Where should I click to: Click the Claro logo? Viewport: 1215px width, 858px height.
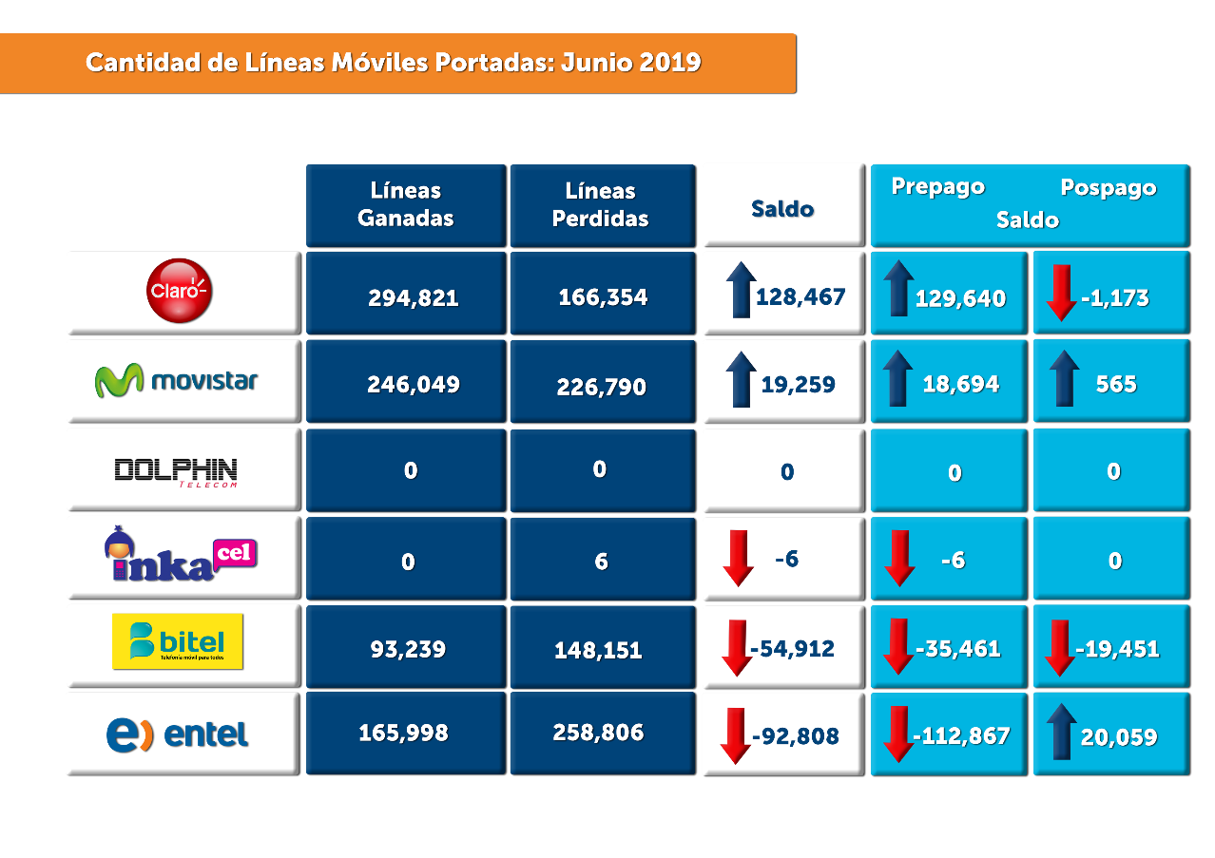180,292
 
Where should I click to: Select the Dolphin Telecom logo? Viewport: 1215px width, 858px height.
176,471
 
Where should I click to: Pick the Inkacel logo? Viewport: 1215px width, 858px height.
181,557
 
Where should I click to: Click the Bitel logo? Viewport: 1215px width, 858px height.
178,641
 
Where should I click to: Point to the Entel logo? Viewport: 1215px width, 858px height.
178,734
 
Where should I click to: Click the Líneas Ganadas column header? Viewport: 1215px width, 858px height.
406,204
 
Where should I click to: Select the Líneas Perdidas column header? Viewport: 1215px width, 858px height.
600,204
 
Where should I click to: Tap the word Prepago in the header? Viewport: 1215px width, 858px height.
937,187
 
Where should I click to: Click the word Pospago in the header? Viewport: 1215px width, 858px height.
1109,188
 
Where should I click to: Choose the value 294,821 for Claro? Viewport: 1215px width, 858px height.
414,298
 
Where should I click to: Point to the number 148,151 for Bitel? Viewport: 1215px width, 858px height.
599,651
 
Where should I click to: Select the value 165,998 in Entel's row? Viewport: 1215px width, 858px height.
403,734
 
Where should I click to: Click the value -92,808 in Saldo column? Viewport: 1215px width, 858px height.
796,736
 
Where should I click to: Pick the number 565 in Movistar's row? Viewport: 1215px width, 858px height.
1116,384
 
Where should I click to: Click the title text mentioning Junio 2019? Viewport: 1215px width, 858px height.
394,63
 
